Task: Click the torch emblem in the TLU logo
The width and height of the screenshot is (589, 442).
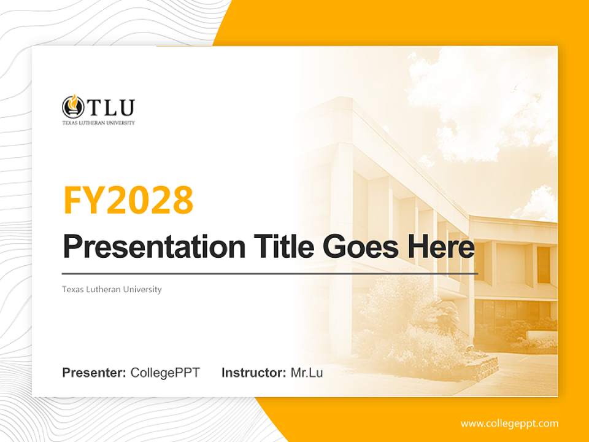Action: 73,107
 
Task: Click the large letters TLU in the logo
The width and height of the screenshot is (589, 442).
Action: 110,107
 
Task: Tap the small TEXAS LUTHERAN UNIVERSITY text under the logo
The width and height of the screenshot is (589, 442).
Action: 98,123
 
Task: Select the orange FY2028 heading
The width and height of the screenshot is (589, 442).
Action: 128,200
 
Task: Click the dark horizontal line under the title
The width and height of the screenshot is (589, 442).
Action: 270,273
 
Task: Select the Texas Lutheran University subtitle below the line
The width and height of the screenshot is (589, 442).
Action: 112,289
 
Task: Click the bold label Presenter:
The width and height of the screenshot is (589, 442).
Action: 94,372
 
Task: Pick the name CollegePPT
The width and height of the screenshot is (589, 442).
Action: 165,372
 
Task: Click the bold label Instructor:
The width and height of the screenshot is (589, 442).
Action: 253,372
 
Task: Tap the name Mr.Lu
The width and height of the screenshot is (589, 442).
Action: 307,372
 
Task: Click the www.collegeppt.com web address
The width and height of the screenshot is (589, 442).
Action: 509,423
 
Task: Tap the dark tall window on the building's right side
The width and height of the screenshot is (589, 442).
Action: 543,264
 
